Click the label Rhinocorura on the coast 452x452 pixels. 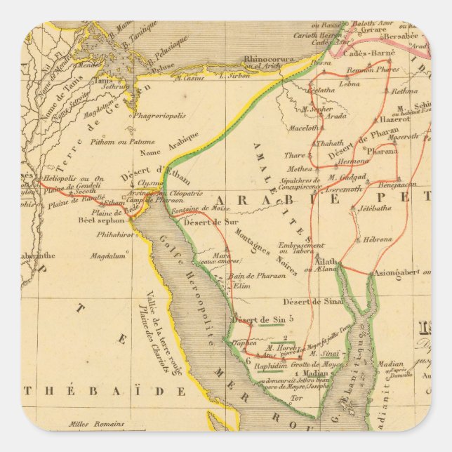[x=270, y=60]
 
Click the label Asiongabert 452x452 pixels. [x=400, y=272]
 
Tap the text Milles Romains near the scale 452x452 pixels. [x=96, y=424]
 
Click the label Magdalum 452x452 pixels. [x=107, y=256]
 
